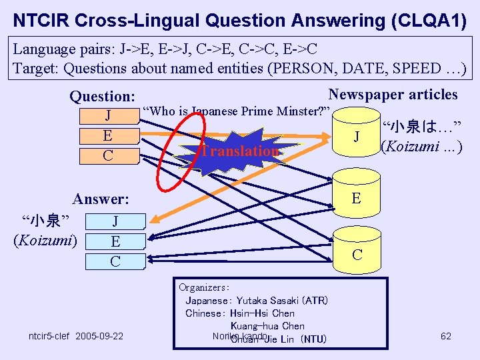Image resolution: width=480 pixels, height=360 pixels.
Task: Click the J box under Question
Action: coord(108,116)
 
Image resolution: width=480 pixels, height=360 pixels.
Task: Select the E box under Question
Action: coord(108,135)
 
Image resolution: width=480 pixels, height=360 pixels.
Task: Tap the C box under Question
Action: coord(108,155)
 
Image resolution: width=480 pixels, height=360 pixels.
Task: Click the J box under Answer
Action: coord(115,221)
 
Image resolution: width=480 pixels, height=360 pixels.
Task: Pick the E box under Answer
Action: coord(115,241)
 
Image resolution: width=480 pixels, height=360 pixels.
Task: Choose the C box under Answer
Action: coord(115,261)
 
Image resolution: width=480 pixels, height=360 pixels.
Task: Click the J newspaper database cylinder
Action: coord(357,137)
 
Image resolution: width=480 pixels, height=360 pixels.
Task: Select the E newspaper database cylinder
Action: coord(357,198)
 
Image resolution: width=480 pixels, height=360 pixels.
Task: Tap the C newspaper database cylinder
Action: coord(357,254)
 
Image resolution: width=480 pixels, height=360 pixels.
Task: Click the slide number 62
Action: coord(446,336)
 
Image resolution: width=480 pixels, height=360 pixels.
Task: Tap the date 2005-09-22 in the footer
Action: coord(99,336)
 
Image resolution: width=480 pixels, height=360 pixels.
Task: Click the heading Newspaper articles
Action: coord(393,95)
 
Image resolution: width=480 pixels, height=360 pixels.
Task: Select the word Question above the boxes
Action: coord(102,97)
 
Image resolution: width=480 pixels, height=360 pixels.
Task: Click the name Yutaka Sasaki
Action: coord(266,301)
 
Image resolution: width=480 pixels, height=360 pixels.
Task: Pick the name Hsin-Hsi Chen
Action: coord(264,313)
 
